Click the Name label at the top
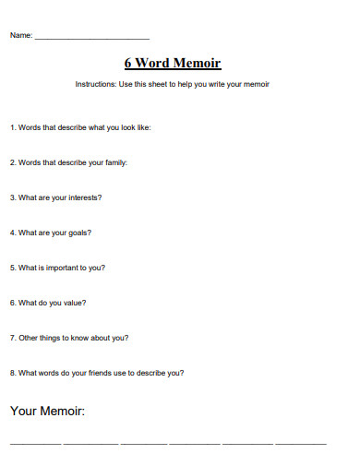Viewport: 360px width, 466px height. pos(20,36)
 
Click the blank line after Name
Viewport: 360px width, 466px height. pos(91,37)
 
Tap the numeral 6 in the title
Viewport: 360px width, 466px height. pos(128,64)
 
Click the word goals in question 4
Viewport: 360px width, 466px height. pos(78,233)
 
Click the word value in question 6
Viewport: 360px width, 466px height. pos(73,303)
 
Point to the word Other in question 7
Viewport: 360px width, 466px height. pos(28,338)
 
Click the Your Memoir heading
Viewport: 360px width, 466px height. pos(47,411)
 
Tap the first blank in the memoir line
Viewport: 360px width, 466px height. pos(34,444)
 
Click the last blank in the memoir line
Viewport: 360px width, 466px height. pos(301,444)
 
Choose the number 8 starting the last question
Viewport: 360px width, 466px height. pos(12,373)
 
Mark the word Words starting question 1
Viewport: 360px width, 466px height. pos(29,127)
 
